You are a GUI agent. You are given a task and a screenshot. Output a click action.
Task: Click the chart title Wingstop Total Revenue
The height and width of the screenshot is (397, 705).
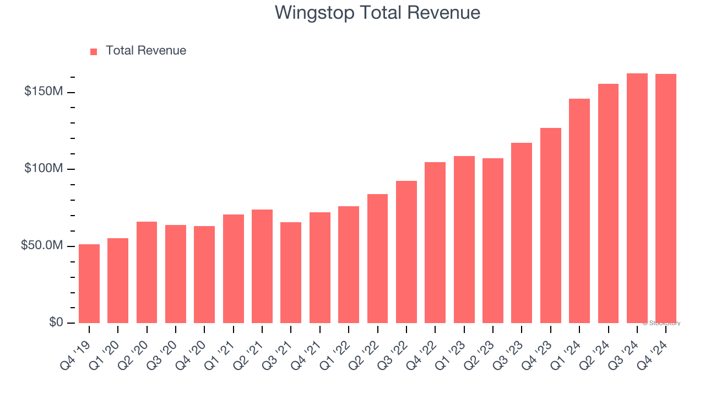tap(377, 13)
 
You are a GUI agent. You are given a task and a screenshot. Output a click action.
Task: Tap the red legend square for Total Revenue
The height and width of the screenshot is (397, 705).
tap(94, 51)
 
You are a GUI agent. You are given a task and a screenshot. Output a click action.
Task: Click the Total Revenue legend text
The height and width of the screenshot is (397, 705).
tap(146, 51)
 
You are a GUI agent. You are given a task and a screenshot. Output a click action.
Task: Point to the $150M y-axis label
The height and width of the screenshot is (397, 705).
tap(44, 92)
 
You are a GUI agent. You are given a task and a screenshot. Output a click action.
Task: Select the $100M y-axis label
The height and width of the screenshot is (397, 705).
tap(44, 169)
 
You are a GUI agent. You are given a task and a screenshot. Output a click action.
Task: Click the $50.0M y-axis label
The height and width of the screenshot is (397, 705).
tap(42, 245)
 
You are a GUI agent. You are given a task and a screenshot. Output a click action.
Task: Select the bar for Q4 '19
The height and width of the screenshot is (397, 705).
tap(89, 283)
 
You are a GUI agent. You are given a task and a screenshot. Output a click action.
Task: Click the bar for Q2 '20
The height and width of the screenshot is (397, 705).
tap(147, 272)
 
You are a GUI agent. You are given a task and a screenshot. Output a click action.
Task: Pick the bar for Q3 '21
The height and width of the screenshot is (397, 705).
tap(291, 272)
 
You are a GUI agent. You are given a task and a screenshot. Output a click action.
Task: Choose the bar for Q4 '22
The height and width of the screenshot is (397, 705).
tap(435, 243)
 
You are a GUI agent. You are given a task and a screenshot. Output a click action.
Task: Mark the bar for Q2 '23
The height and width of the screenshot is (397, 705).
tap(493, 240)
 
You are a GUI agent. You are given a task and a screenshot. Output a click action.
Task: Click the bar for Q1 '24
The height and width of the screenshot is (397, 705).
tap(579, 211)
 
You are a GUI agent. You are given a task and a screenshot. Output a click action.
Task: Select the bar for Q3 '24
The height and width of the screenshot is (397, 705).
tap(637, 198)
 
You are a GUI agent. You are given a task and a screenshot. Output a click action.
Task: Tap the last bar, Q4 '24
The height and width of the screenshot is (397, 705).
tap(666, 198)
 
